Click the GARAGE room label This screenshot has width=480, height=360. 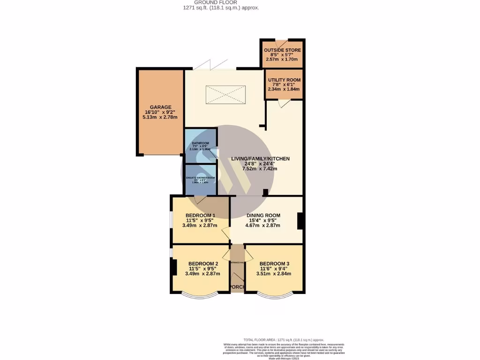point(160,107)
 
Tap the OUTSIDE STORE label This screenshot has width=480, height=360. point(282,50)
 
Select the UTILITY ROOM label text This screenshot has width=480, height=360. point(284,80)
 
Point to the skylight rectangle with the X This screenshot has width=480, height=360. point(225,95)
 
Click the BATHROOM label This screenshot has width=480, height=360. point(201,143)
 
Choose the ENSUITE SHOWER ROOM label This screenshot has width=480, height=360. point(201,178)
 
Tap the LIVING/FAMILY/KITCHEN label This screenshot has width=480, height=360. point(260,159)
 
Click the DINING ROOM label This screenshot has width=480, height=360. point(263,216)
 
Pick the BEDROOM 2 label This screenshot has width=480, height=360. point(202,264)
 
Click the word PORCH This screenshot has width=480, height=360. point(238,287)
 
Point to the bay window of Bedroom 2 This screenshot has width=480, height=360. point(200,295)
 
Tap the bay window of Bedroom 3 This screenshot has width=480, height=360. point(275,295)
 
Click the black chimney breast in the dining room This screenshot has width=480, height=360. point(300,221)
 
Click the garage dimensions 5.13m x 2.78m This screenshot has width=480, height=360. point(160,117)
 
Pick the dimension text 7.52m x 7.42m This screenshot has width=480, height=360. point(260,169)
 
